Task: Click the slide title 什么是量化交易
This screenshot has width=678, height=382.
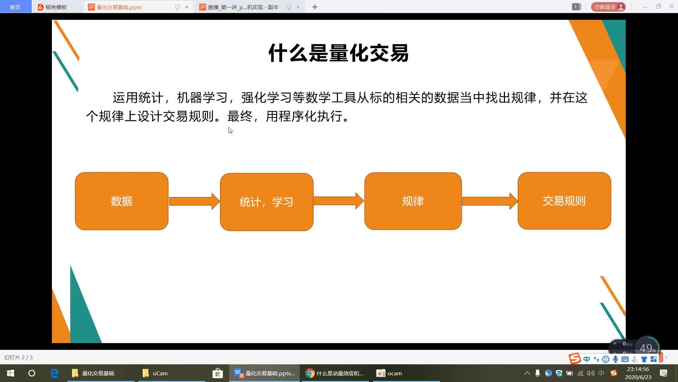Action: [338, 53]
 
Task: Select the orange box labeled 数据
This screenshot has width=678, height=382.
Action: [121, 201]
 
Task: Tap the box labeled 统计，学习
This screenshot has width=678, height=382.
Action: [267, 202]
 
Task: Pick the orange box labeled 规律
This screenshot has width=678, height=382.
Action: [413, 201]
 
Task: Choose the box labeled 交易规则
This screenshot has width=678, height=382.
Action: [564, 201]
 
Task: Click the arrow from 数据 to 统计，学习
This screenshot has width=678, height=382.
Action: [194, 201]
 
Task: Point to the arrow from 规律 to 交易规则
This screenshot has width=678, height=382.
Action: [489, 201]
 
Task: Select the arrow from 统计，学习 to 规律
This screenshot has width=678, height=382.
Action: [338, 201]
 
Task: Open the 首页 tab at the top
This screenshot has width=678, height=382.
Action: [15, 7]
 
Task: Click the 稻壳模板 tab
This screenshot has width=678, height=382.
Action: [56, 7]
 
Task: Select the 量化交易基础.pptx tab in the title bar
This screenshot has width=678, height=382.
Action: [119, 7]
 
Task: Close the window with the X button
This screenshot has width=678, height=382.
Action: [671, 7]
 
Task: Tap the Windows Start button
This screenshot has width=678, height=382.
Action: [11, 373]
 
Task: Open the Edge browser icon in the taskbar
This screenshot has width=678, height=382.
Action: [54, 373]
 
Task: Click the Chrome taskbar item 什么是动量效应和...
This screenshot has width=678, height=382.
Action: [335, 373]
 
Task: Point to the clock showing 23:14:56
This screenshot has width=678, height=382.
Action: [638, 369]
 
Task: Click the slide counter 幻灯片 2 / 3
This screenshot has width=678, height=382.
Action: [18, 358]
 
